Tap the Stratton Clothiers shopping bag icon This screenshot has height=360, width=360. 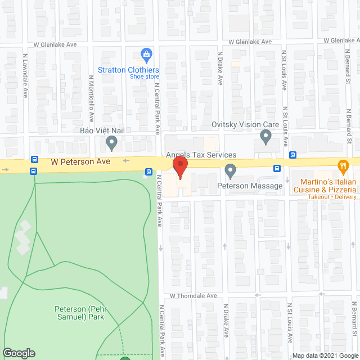[x=146, y=56]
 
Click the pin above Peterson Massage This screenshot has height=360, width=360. [x=230, y=170]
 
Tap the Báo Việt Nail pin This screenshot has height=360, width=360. [x=112, y=143]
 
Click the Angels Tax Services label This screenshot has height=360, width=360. [x=201, y=155]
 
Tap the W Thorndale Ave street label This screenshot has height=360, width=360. [x=193, y=296]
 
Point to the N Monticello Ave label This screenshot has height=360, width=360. [x=91, y=99]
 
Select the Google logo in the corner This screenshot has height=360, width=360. [x=18, y=353]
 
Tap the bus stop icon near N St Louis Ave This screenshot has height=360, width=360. [x=292, y=155]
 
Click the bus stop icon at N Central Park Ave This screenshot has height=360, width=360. [x=148, y=172]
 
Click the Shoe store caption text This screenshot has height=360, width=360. [x=145, y=76]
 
